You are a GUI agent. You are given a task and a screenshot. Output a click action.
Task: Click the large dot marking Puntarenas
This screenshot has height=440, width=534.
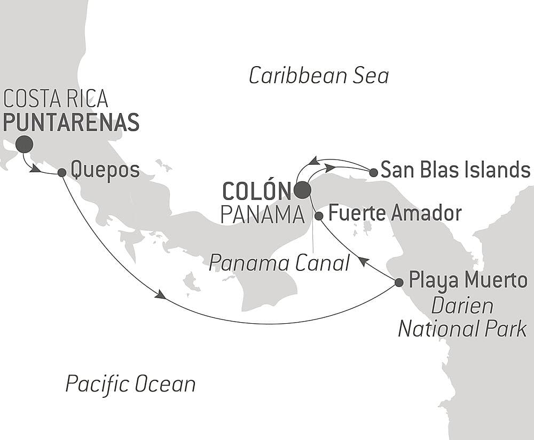pyautogui.click(x=24, y=144)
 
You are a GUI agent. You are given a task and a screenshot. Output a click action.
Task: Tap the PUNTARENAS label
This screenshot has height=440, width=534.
pyautogui.click(x=71, y=122)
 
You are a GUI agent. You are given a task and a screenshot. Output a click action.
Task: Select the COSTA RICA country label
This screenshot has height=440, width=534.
pyautogui.click(x=56, y=99)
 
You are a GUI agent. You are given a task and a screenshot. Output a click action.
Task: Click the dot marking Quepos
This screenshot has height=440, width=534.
pyautogui.click(x=62, y=172)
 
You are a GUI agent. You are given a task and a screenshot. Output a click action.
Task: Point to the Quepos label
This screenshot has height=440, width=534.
pyautogui.click(x=105, y=171)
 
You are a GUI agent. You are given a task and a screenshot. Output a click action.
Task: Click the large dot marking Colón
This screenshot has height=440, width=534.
pyautogui.click(x=302, y=190)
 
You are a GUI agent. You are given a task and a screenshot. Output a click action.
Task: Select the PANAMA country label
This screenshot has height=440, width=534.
pyautogui.click(x=262, y=215)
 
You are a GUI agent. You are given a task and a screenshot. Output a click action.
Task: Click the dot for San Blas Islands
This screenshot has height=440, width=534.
pyautogui.click(x=373, y=172)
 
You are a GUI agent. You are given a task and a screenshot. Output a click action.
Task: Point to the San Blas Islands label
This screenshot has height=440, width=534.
pyautogui.click(x=456, y=170)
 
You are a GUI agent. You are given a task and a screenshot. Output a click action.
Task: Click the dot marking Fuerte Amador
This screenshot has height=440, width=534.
pyautogui.click(x=319, y=216)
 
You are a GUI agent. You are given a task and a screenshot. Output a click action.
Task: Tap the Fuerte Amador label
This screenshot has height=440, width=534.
pyautogui.click(x=395, y=213)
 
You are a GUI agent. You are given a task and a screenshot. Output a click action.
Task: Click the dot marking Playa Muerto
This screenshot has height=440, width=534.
pyautogui.click(x=399, y=282)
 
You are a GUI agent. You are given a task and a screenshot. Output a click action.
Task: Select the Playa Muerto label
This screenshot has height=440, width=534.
pyautogui.click(x=468, y=280)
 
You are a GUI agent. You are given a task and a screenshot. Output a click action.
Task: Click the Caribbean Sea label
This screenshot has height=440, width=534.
pyautogui.click(x=319, y=76)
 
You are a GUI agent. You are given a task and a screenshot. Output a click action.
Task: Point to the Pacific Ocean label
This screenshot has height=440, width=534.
pyautogui.click(x=130, y=383)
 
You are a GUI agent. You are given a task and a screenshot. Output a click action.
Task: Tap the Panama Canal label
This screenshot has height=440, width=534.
pyautogui.click(x=279, y=262)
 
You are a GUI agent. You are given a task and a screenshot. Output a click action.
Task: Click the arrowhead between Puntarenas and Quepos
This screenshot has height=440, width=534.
pyautogui.click(x=35, y=169)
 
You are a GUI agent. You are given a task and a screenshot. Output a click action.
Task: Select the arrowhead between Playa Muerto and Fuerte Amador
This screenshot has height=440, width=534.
pyautogui.click(x=362, y=261)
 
